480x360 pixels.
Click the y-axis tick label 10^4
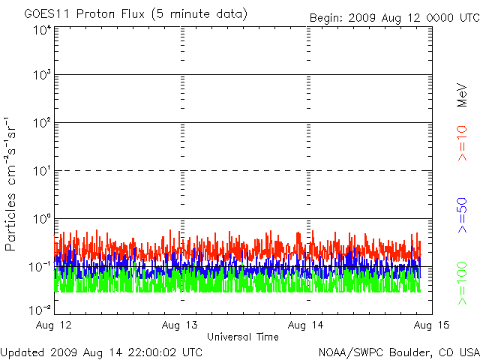click(41, 30)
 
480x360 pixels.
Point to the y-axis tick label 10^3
click(41, 76)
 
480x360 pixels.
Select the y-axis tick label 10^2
click(41, 123)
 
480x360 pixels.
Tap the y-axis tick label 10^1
click(41, 171)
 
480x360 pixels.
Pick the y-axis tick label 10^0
click(41, 219)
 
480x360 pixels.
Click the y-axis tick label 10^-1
click(40, 267)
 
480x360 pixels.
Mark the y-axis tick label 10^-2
click(40, 309)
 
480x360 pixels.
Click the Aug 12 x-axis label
click(55, 324)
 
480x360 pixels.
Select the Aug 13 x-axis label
click(181, 324)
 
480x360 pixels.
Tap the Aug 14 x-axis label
click(307, 324)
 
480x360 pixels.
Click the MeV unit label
click(463, 94)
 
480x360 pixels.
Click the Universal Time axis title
click(243, 337)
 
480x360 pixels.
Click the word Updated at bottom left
click(23, 352)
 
